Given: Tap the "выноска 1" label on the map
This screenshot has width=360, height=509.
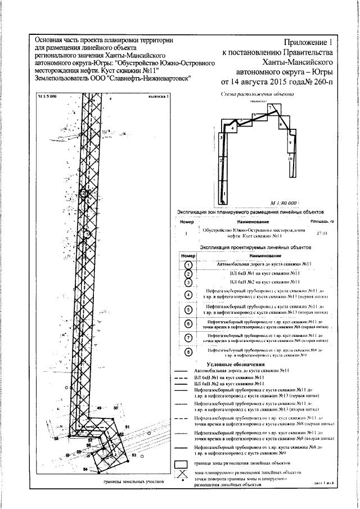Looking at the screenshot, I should pyautogui.click(x=158, y=97).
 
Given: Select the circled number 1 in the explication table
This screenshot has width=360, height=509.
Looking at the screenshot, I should pyautogui.click(x=188, y=265).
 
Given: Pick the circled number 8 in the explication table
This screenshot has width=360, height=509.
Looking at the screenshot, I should pyautogui.click(x=188, y=353).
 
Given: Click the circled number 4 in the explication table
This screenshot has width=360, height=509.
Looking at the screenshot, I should pyautogui.click(x=188, y=294).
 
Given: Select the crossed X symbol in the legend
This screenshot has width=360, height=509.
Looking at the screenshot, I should pyautogui.click(x=181, y=474).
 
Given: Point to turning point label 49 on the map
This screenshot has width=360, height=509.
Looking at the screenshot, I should pyautogui.click(x=99, y=408).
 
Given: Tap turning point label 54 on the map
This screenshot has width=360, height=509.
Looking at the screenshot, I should pyautogui.click(x=85, y=469).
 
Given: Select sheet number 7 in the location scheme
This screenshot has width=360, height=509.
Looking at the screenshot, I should pyautogui.click(x=269, y=107).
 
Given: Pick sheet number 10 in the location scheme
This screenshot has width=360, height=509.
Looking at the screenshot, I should pyautogui.click(x=290, y=160).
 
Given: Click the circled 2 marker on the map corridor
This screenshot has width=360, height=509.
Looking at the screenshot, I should pyautogui.click(x=83, y=193).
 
